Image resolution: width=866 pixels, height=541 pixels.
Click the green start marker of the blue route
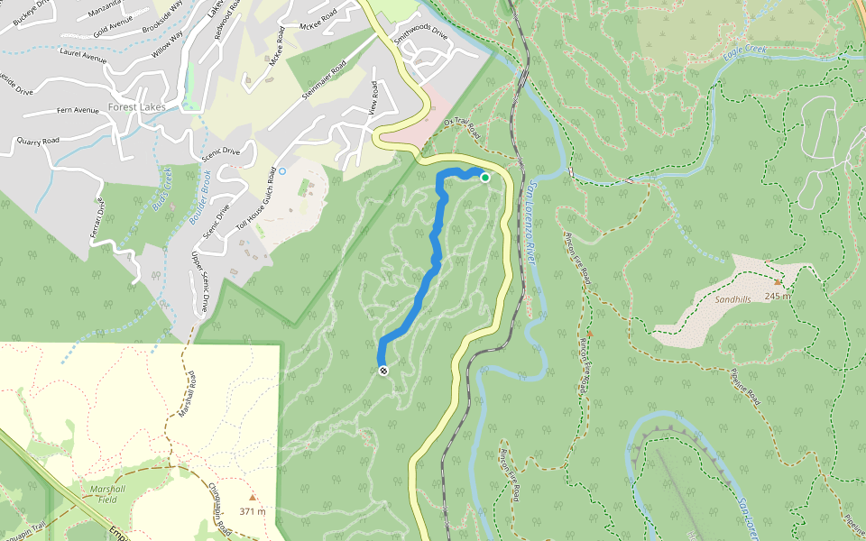click(x=484, y=178)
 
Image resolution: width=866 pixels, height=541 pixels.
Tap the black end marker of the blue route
click(x=384, y=371)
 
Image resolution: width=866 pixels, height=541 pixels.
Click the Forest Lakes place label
click(x=133, y=106)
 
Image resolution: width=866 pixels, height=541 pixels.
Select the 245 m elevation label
click(x=778, y=296)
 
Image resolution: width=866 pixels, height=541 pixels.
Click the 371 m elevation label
click(x=253, y=511)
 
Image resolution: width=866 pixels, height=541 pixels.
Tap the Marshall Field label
click(x=107, y=493)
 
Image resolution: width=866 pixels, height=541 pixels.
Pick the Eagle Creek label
click(x=743, y=54)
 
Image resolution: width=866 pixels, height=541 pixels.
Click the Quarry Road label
click(x=38, y=142)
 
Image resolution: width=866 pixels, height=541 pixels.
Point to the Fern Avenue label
click(x=78, y=111)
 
